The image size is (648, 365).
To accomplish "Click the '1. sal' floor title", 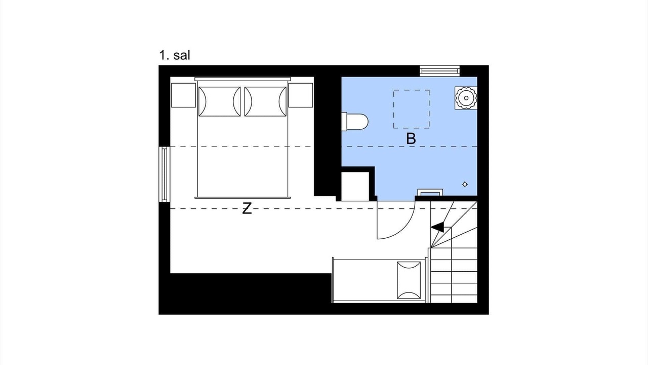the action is [x=175, y=55].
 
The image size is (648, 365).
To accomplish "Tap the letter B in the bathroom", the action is [x=411, y=139].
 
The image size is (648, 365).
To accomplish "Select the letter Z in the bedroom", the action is [x=247, y=208].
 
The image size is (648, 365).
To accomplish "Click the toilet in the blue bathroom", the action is [x=355, y=122].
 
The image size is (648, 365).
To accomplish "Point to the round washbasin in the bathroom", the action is [x=466, y=98].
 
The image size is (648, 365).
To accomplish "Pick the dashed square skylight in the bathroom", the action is [x=411, y=109].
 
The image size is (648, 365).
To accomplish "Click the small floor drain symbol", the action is [x=465, y=184].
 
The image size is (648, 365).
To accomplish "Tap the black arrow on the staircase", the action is [x=437, y=227].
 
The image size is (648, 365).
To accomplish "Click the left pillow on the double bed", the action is [x=220, y=101].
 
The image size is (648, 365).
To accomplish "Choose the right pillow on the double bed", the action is [x=265, y=101].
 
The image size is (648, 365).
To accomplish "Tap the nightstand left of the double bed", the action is [x=183, y=95].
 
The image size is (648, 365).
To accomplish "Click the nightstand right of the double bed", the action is [x=301, y=95].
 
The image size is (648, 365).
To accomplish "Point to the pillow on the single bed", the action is [x=409, y=280].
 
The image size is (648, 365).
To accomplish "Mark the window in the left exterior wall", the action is [x=165, y=174].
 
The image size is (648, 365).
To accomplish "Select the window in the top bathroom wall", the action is [x=440, y=71].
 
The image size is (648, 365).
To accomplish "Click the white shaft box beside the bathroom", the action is [x=355, y=186].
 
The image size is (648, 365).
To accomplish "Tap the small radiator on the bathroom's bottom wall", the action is [x=430, y=192].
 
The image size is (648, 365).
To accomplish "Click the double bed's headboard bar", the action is [x=242, y=79].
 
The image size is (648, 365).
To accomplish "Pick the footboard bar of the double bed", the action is [x=242, y=198].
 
